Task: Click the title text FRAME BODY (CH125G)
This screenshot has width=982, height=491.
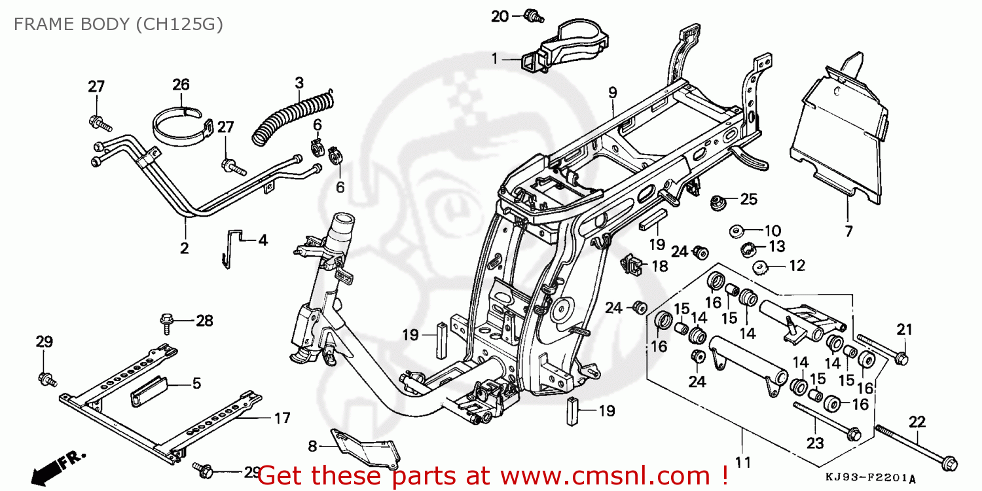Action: [x=118, y=24]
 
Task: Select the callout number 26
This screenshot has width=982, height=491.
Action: [x=181, y=84]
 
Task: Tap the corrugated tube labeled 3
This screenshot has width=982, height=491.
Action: [x=295, y=116]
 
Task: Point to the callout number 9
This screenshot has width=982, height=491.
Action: [x=612, y=93]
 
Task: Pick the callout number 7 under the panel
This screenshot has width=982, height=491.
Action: [x=848, y=230]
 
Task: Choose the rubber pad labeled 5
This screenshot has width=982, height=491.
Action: [x=151, y=390]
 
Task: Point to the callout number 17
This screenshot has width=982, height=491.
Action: [x=282, y=418]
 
